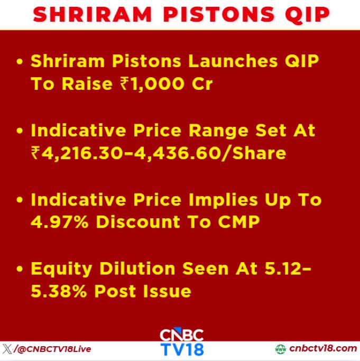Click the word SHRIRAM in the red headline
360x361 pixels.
[93, 14]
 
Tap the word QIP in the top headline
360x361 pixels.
[307, 15]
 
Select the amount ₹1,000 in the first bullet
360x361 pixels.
[152, 84]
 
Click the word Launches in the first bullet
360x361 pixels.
[233, 61]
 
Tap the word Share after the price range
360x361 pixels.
[259, 153]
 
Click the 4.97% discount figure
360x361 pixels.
[60, 221]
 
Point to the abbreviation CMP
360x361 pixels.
[238, 221]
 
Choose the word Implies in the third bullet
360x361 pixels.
[223, 200]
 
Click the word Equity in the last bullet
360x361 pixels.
[61, 269]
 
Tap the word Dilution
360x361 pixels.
[137, 268]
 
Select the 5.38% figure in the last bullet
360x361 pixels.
[59, 291]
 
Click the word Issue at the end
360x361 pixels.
[167, 291]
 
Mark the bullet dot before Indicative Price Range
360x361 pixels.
[20, 131]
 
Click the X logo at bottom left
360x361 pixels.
[7, 349]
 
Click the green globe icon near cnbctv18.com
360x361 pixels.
[280, 349]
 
